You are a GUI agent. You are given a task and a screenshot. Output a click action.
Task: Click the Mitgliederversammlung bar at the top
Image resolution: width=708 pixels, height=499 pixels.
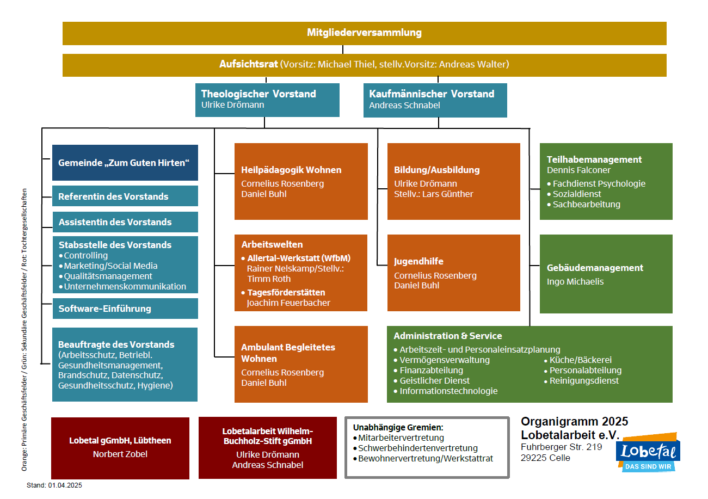(364, 33)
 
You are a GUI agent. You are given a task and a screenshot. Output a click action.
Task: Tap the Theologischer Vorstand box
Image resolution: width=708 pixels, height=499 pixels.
(267, 100)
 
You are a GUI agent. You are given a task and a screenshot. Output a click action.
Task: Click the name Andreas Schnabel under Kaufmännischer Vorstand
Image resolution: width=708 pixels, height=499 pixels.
(404, 106)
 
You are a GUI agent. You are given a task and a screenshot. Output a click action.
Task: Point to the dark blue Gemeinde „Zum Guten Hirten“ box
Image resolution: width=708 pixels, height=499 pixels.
(125, 162)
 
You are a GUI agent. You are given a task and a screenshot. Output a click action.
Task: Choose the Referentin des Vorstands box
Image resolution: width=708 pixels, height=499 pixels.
(125, 196)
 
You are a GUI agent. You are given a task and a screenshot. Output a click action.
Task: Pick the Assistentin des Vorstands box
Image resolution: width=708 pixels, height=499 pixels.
(125, 222)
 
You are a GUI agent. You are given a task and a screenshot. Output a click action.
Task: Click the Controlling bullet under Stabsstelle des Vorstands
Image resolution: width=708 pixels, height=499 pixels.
(85, 256)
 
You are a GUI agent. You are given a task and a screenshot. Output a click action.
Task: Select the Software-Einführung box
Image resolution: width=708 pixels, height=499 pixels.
(125, 309)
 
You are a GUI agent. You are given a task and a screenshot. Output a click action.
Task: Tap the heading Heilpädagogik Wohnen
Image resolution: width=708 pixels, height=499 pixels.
(291, 170)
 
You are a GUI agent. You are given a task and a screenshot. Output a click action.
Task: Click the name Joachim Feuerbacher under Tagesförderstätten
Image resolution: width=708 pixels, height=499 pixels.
(288, 303)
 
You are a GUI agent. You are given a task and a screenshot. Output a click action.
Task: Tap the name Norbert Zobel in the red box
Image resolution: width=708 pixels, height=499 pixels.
(120, 454)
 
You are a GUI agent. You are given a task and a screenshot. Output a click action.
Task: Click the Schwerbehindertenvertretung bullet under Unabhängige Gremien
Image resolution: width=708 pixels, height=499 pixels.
(417, 448)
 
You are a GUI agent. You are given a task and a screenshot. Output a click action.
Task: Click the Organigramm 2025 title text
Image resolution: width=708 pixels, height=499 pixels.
(574, 422)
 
